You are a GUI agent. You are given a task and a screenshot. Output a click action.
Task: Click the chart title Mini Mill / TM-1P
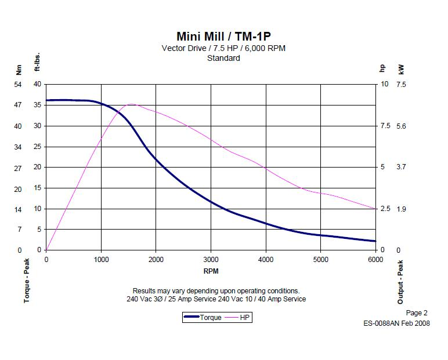(x=223, y=36)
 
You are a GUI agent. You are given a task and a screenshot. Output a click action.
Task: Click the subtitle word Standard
(x=223, y=58)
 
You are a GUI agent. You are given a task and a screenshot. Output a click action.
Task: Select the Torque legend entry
(x=203, y=317)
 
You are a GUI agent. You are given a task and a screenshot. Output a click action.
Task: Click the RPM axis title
(x=211, y=271)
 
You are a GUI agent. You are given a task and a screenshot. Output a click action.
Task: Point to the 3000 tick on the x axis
(x=211, y=259)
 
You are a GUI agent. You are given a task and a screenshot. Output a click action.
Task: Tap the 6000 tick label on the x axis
(x=375, y=259)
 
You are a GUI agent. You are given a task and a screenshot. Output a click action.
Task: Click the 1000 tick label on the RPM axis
(x=101, y=259)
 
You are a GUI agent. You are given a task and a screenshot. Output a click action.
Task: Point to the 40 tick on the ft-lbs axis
(x=37, y=84)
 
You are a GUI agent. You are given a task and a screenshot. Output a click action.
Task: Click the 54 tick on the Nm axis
(x=17, y=84)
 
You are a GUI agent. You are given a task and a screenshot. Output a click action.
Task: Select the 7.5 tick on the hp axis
(x=384, y=126)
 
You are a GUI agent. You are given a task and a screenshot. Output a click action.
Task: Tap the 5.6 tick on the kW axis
(x=402, y=126)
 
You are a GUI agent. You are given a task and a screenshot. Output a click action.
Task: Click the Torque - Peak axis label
(x=27, y=281)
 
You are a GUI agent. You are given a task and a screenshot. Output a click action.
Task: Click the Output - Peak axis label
(x=400, y=282)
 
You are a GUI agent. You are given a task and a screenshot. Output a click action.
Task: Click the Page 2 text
(x=417, y=313)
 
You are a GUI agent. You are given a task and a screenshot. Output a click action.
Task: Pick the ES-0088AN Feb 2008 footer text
(x=396, y=323)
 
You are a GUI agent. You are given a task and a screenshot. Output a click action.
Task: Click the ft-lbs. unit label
(x=37, y=63)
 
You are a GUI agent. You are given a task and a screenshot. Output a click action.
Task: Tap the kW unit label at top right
(x=402, y=69)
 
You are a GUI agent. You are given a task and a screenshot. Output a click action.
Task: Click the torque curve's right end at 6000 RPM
(x=375, y=241)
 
